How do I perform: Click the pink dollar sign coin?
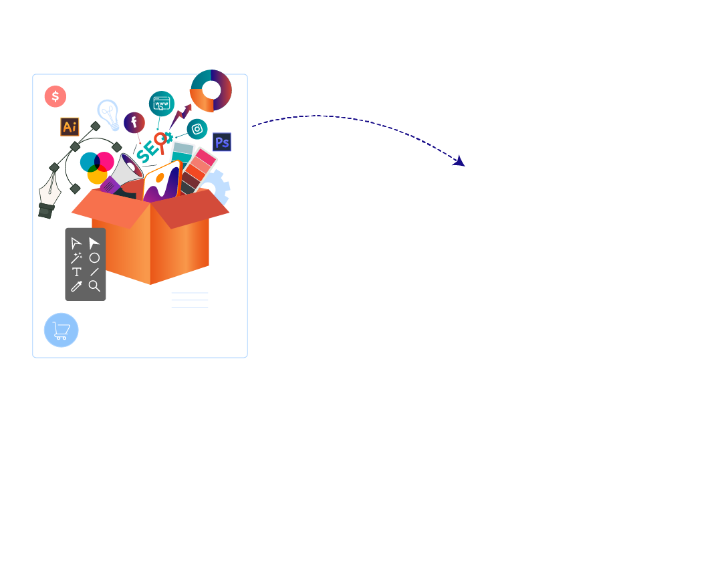(x=55, y=96)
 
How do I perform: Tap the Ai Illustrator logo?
(x=70, y=126)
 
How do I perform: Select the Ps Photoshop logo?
(x=222, y=142)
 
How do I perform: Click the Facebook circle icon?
(x=134, y=122)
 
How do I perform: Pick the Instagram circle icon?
(x=197, y=129)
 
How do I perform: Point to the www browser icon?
(x=162, y=104)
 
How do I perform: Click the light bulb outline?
(x=109, y=114)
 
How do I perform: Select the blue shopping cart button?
(x=62, y=330)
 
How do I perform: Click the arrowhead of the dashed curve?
(x=459, y=161)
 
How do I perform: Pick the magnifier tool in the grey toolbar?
(x=94, y=286)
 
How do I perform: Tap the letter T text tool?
(x=76, y=271)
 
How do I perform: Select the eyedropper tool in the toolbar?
(x=76, y=286)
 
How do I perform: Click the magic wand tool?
(x=76, y=257)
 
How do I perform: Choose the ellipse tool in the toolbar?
(x=94, y=258)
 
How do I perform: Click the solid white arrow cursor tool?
(x=94, y=243)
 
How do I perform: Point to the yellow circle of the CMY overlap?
(x=97, y=175)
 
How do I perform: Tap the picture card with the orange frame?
(x=162, y=183)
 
